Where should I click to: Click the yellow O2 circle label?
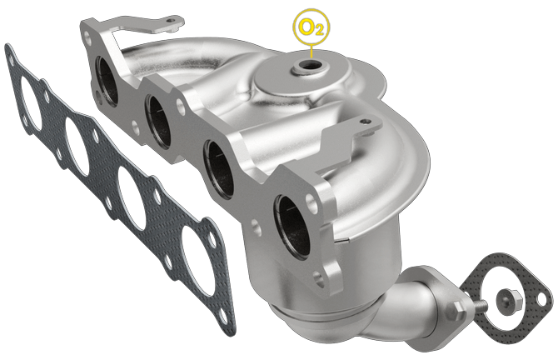pyautogui.click(x=309, y=27)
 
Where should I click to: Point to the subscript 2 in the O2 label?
pyautogui.click(x=317, y=31)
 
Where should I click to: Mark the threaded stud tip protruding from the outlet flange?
pyautogui.click(x=482, y=310)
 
